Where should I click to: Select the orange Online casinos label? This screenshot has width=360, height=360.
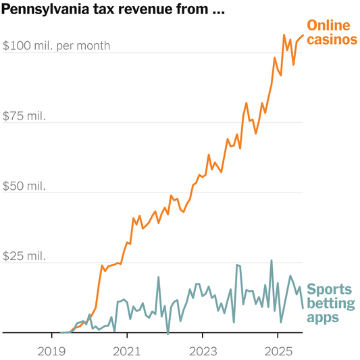click(332, 32)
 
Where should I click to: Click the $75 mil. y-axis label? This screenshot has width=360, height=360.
click(24, 116)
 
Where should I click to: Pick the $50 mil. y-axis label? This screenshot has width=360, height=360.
click(24, 186)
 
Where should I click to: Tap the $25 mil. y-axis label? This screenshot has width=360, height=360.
click(24, 256)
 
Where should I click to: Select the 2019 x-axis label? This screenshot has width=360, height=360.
click(52, 351)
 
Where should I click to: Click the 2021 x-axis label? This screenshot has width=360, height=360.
click(128, 351)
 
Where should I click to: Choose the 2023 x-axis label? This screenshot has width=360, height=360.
click(203, 351)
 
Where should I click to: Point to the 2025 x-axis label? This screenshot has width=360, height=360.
click(278, 351)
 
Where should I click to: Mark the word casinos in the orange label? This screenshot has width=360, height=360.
click(332, 40)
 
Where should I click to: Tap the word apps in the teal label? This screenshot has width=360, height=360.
click(322, 317)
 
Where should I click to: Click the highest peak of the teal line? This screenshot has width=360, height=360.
click(272, 261)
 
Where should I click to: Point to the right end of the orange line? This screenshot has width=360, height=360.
click(303, 34)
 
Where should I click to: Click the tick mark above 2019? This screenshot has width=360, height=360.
click(52, 335)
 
